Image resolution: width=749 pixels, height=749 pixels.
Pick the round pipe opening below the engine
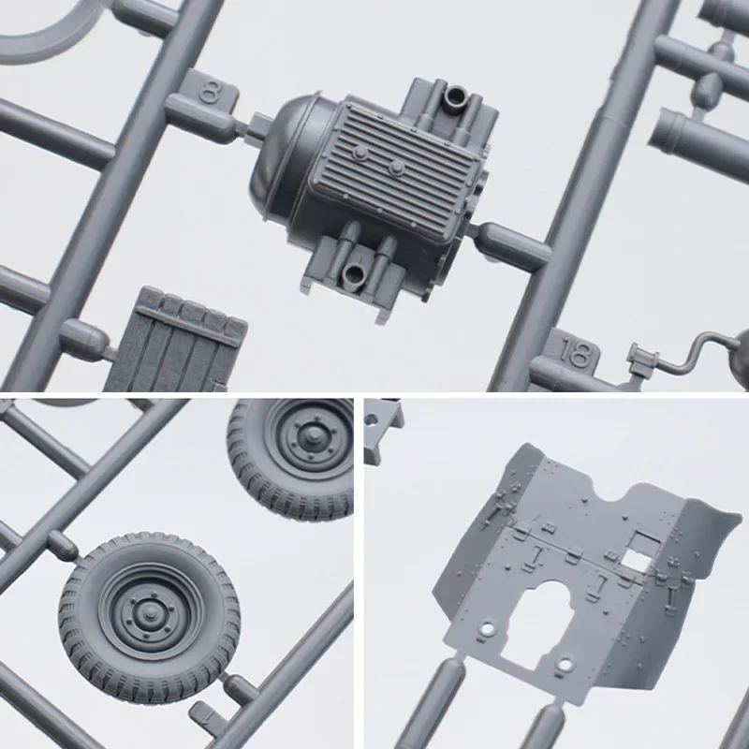click(x=354, y=275)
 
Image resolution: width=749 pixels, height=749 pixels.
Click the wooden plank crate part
click(x=176, y=341)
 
